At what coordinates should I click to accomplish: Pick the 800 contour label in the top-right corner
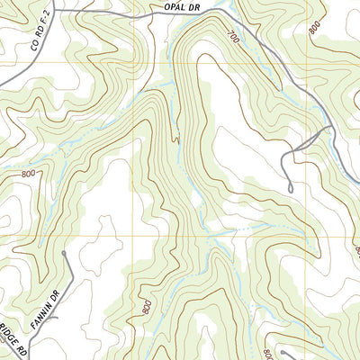314,27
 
